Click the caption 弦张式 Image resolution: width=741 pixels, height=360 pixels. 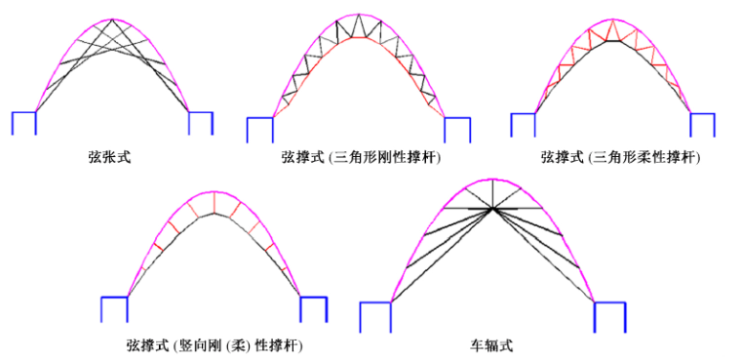pos(108,155)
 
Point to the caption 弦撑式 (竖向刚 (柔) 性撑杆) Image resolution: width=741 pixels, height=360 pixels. pos(214,344)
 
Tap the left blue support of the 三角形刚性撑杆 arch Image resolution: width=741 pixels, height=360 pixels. pos(260,129)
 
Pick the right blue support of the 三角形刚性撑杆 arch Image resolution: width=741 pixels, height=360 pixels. pos(457,129)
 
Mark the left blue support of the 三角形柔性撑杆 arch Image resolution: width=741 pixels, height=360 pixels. pos(523,123)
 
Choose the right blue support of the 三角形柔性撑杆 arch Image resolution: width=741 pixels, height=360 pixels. pos(702,123)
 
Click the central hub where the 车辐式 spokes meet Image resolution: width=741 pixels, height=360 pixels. pos(493,208)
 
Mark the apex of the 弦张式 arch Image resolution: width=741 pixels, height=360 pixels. pos(112,20)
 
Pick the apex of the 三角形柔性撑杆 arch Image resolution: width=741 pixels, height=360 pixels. pos(613,20)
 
